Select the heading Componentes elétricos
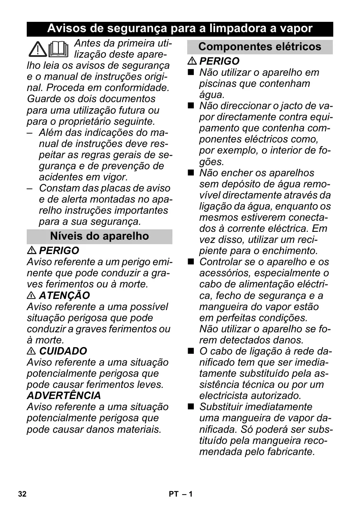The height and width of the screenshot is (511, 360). click(x=260, y=47)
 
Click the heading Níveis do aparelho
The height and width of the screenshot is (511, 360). click(x=99, y=236)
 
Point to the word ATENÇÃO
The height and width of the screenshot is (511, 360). click(x=64, y=296)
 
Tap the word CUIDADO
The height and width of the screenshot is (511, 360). click(x=63, y=351)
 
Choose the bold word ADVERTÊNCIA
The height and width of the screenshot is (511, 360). click(x=64, y=396)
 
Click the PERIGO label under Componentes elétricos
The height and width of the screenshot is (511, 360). click(x=219, y=61)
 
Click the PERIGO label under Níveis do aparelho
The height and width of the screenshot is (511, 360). click(x=59, y=251)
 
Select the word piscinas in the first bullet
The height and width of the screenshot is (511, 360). click(x=218, y=84)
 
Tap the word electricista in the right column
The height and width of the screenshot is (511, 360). click(x=225, y=396)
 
